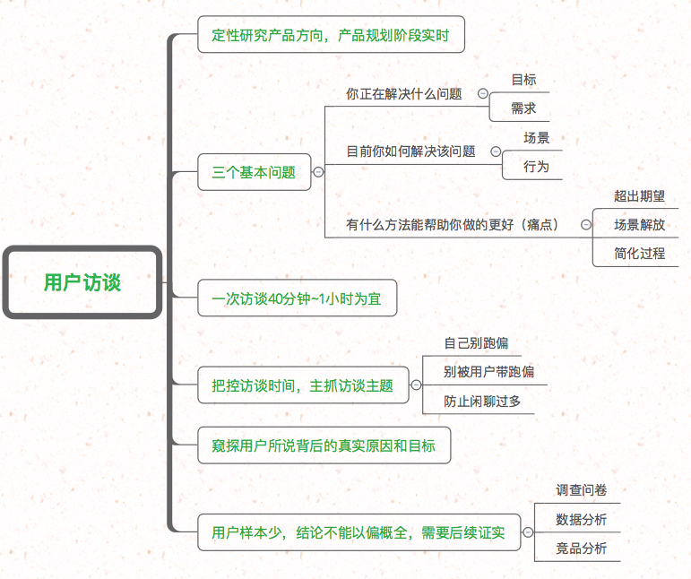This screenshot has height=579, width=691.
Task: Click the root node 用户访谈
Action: (82, 282)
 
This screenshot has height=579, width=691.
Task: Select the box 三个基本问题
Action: (254, 172)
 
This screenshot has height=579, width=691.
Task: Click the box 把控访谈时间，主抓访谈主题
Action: (303, 386)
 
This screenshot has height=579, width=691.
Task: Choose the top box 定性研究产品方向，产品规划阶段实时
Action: (331, 37)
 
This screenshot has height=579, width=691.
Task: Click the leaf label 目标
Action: (523, 80)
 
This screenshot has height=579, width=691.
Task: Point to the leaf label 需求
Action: (523, 108)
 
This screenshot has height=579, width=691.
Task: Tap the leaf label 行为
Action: (536, 167)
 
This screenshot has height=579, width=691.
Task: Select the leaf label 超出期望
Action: (639, 196)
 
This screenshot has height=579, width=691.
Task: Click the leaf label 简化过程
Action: (639, 253)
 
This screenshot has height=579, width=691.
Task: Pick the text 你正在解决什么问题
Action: (403, 93)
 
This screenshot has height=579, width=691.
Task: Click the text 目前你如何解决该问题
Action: (410, 151)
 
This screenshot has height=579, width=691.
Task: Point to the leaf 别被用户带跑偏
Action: (488, 372)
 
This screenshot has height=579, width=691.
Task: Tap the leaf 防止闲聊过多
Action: (482, 402)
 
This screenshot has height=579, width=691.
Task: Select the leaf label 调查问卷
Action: (581, 490)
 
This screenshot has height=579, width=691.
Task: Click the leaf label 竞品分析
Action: (581, 548)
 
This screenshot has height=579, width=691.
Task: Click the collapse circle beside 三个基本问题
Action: (318, 172)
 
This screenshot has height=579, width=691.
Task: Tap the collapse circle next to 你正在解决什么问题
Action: (483, 93)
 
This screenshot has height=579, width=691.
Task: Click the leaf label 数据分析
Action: (581, 519)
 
